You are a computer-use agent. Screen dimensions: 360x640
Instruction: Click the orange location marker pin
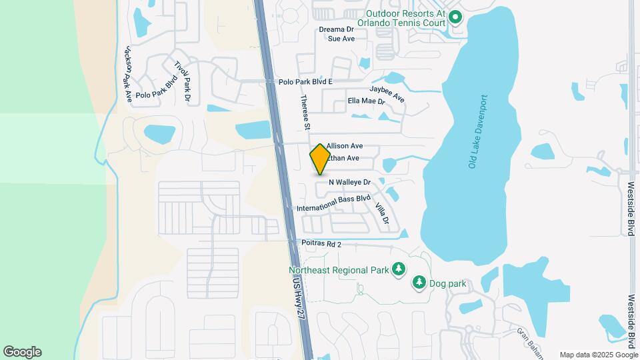coord(320,159)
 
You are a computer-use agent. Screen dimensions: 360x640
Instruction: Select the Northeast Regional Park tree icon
coord(399,269)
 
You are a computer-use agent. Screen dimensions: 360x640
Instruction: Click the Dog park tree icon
coord(419,283)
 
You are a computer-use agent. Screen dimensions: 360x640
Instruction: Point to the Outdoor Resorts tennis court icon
coord(455,17)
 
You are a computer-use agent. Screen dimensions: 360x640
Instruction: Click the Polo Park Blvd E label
coord(305,81)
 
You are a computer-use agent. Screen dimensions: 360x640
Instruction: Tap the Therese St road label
coord(306,112)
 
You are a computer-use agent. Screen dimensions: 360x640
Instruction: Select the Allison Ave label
coord(344,145)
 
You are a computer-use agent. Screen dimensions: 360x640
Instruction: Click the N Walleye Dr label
coord(353,181)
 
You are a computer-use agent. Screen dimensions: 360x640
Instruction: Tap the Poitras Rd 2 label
coord(321,245)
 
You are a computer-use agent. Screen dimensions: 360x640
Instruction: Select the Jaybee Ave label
coord(387,94)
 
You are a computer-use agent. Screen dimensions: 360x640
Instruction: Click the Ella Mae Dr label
coord(366,101)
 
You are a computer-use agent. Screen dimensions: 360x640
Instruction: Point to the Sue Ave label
coord(341,39)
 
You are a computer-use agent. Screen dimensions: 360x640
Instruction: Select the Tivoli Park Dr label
coord(183,82)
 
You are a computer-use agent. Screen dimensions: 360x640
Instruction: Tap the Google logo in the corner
coord(22,351)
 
